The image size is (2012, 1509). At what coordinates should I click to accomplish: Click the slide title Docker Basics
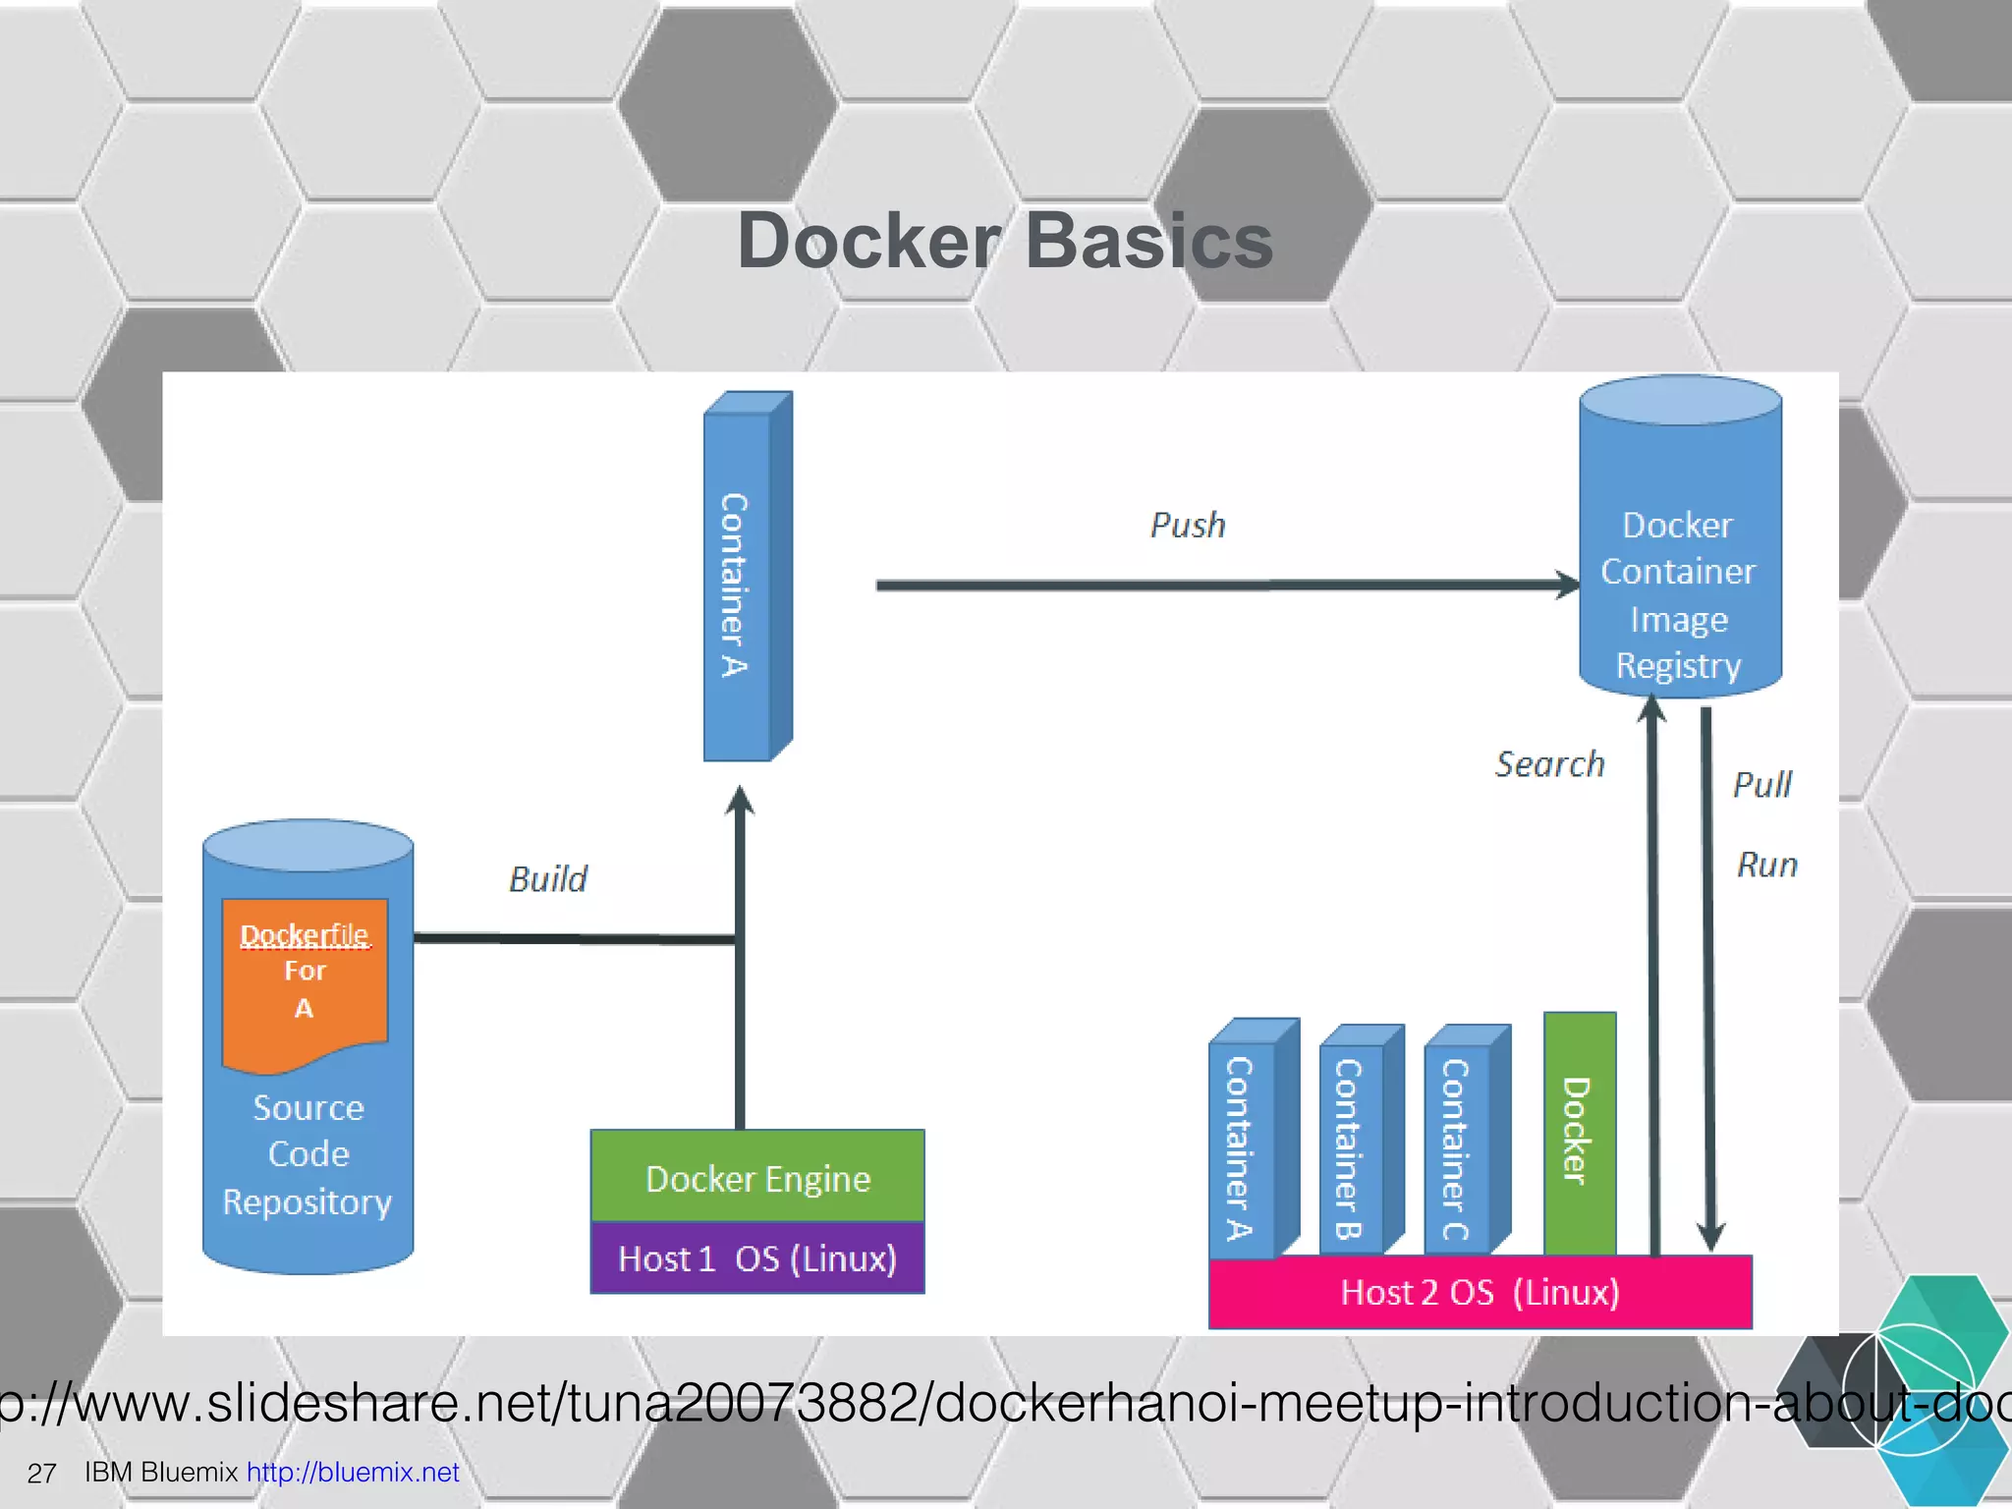coord(1004,241)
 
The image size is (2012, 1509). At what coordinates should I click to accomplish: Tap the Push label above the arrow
coord(1188,526)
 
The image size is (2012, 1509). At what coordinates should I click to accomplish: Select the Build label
coord(548,879)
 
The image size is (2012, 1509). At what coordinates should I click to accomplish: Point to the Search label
coord(1549,764)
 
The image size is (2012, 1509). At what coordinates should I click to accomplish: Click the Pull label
coord(1761,785)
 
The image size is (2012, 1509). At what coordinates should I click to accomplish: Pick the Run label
coord(1766,866)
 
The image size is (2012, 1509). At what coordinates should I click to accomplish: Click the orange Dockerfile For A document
coord(305,978)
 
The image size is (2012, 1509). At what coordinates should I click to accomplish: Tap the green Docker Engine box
coord(757,1177)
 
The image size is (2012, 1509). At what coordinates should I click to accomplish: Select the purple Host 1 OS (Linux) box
coord(757,1258)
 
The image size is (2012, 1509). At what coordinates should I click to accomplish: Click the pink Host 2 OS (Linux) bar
coord(1480,1292)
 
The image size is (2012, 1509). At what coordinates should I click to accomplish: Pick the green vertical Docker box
coord(1579,1133)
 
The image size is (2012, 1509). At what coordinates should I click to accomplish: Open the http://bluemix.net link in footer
coord(353,1473)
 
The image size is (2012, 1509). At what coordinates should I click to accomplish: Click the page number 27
coord(41,1474)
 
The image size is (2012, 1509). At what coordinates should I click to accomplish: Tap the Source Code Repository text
coord(307,1155)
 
